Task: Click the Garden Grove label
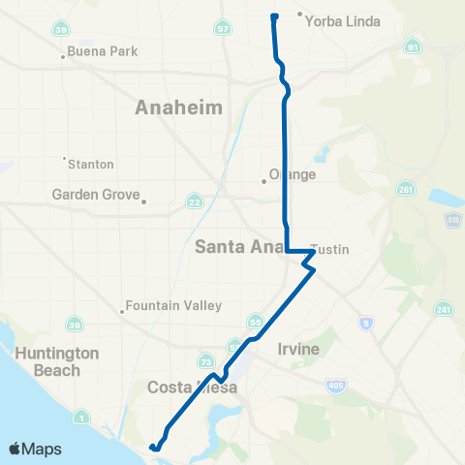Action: (x=97, y=194)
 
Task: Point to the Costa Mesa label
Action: (x=190, y=387)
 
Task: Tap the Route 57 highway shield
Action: (x=224, y=30)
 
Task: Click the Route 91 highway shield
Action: (x=414, y=46)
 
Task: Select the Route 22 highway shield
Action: (x=195, y=201)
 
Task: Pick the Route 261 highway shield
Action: (x=404, y=188)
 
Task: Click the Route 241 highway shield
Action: (x=443, y=309)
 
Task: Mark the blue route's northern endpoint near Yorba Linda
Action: (x=274, y=16)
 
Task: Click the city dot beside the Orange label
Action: (x=263, y=179)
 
